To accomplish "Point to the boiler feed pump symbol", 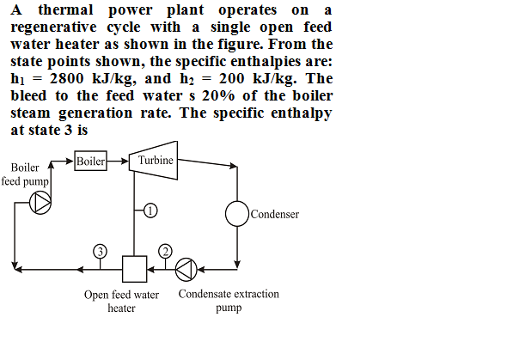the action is click(x=40, y=203).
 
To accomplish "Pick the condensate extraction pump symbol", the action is click(x=186, y=270).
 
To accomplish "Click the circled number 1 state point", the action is click(x=150, y=211).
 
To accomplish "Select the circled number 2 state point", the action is click(x=165, y=252).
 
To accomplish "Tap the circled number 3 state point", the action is click(x=100, y=252).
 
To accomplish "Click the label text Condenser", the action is click(x=275, y=214).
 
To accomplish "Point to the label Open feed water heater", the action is click(x=121, y=302).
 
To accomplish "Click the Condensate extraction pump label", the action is click(x=229, y=301).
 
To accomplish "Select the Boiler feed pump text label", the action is click(x=25, y=174).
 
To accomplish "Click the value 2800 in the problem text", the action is click(x=67, y=78).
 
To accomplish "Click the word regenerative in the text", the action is click(x=53, y=27).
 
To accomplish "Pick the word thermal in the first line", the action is click(x=65, y=10).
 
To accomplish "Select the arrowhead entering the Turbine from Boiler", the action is click(x=125, y=161).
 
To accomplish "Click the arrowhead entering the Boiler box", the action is click(x=70, y=161).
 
